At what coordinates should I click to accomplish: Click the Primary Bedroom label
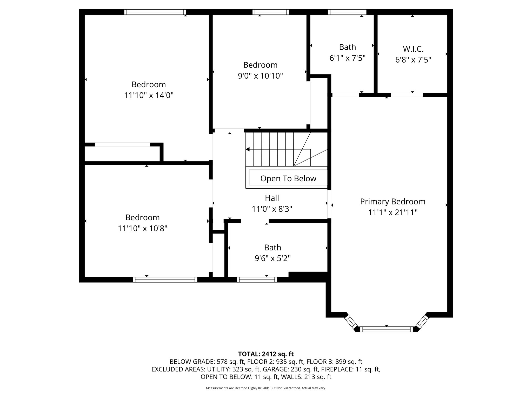coord(393,202)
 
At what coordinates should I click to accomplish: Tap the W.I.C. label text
coord(413,49)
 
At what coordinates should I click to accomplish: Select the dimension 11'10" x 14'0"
coord(149,95)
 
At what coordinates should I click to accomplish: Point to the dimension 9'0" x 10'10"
coord(260,76)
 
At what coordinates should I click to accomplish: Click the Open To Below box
coord(288,178)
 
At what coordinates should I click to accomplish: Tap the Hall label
coord(272,198)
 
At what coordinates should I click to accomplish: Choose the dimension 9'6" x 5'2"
coord(272,258)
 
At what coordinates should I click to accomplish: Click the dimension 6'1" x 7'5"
coord(347,58)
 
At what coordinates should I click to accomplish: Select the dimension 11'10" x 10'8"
coord(142,228)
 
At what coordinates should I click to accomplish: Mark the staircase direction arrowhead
coord(248,149)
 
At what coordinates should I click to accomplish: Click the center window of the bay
coord(386,329)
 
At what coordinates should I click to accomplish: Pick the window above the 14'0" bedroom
coord(155,12)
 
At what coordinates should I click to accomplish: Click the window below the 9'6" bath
coord(257,280)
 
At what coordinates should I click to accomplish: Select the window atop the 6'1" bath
coord(347,12)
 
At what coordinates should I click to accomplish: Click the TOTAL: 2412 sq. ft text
coord(266,354)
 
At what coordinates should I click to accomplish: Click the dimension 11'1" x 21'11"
coord(393,213)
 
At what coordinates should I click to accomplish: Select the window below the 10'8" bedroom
coord(165,280)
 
